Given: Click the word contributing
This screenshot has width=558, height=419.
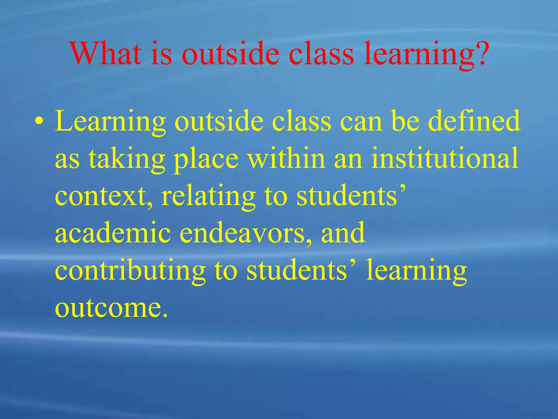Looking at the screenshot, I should click(130, 270).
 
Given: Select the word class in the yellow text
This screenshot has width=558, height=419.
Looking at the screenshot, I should click(302, 121).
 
